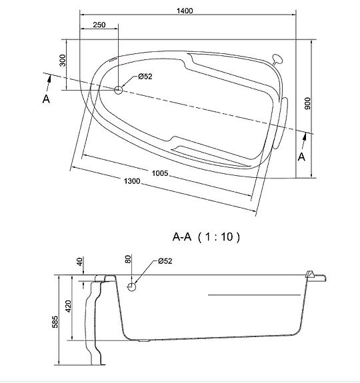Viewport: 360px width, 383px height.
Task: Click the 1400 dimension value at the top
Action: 185,11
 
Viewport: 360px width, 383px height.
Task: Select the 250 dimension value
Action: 99,25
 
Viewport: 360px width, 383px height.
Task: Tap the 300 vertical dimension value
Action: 63,61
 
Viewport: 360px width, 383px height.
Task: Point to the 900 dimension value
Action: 308,103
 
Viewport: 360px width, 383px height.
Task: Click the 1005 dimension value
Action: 160,173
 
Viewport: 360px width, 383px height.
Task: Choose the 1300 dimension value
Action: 132,181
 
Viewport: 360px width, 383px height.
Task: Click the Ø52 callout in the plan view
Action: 145,77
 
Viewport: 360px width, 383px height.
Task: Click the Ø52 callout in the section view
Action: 165,261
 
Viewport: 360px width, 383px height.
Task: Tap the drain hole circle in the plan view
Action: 119,90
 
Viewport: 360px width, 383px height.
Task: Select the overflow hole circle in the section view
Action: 132,287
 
